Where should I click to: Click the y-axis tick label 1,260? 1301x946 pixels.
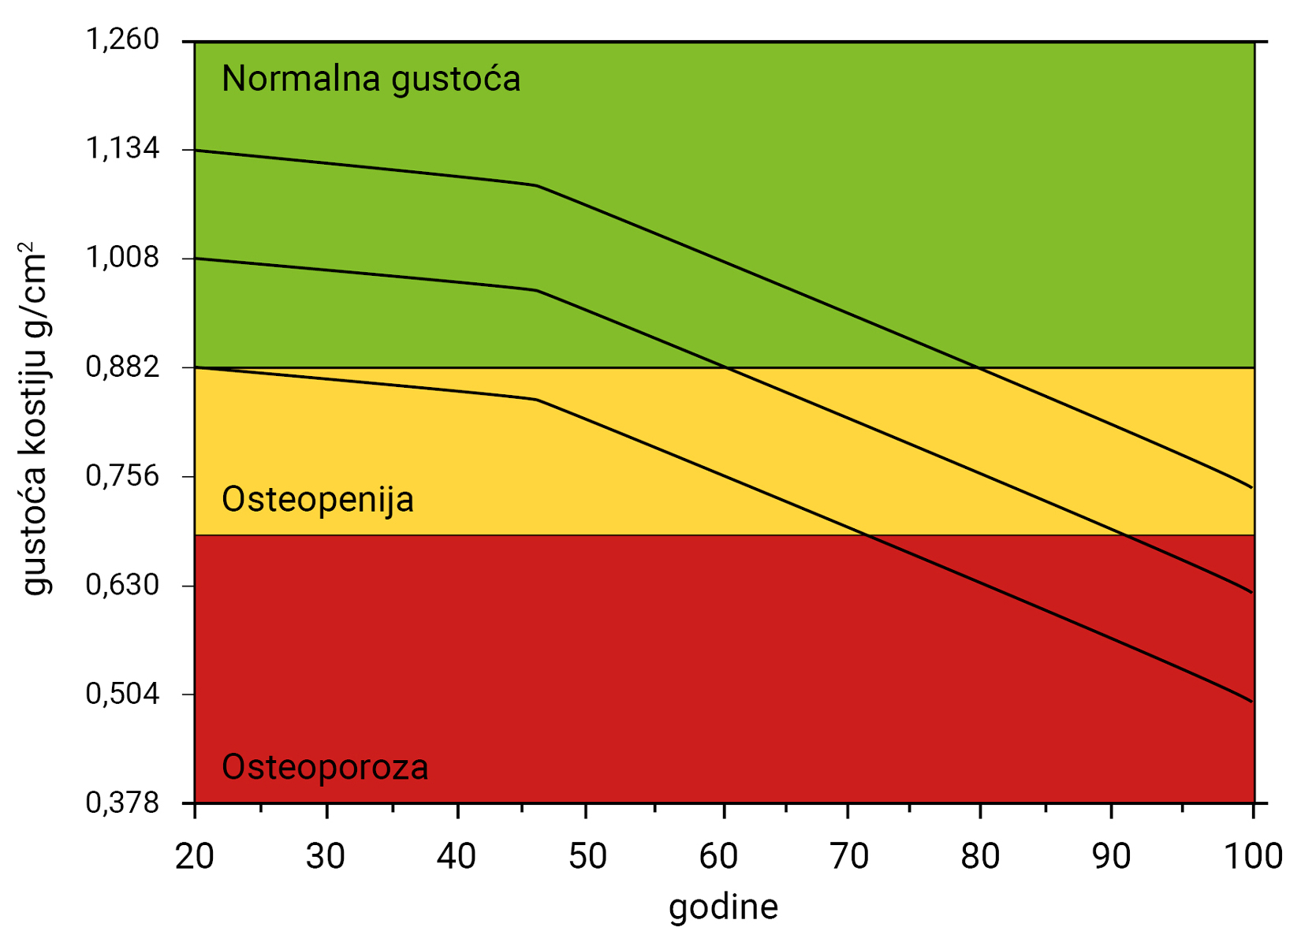coord(122,40)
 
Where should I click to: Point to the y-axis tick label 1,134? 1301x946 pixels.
coord(122,149)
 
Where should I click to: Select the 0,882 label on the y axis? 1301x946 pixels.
coord(122,367)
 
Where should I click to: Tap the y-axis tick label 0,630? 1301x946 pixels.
coord(122,586)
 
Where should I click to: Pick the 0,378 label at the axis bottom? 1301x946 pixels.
coord(122,803)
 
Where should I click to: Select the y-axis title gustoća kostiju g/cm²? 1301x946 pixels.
coord(33,418)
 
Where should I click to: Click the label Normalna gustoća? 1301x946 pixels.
coord(371,80)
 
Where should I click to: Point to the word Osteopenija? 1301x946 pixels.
coord(317,500)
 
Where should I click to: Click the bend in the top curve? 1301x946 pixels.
coord(537,186)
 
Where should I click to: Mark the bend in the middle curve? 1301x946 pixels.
coord(537,291)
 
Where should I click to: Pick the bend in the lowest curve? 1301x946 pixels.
coord(537,400)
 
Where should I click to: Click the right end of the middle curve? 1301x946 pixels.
coord(1252,592)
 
